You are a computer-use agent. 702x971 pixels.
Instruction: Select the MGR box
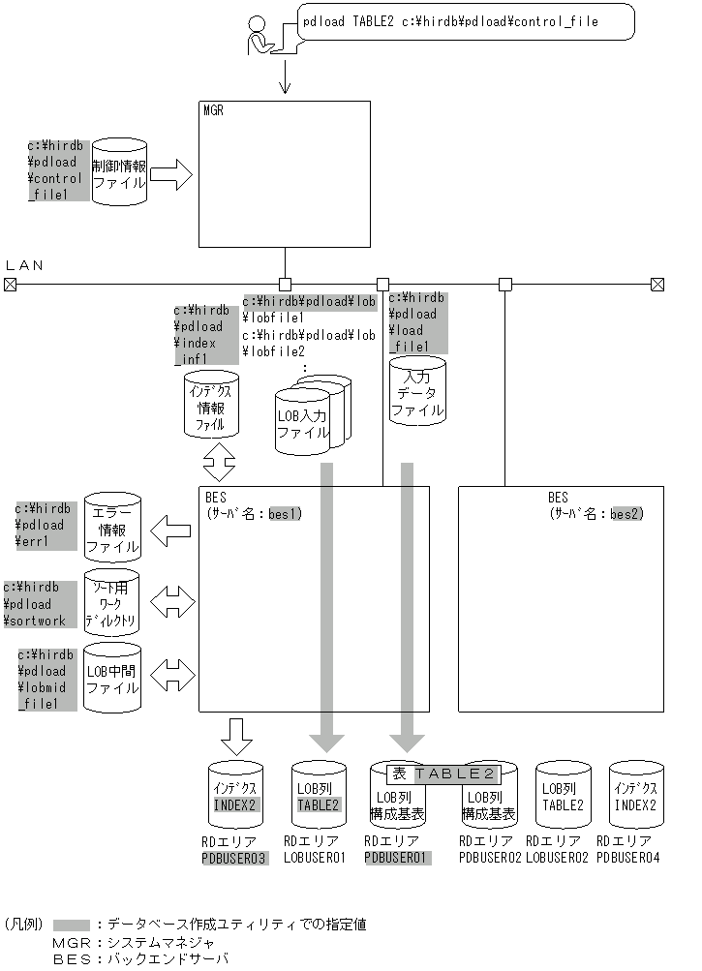pyautogui.click(x=285, y=173)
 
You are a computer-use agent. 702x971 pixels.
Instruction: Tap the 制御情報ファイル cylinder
pyautogui.click(x=118, y=172)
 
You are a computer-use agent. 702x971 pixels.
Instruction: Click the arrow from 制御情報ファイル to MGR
pyautogui.click(x=171, y=175)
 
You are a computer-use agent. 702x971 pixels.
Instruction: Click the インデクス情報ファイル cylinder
pyautogui.click(x=211, y=405)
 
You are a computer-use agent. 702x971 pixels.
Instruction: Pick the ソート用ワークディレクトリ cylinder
pyautogui.click(x=112, y=603)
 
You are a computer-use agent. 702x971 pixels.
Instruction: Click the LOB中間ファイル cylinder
pyautogui.click(x=112, y=678)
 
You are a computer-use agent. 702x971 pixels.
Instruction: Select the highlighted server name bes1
pyautogui.click(x=285, y=513)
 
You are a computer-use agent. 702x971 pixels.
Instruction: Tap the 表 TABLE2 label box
pyautogui.click(x=443, y=774)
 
